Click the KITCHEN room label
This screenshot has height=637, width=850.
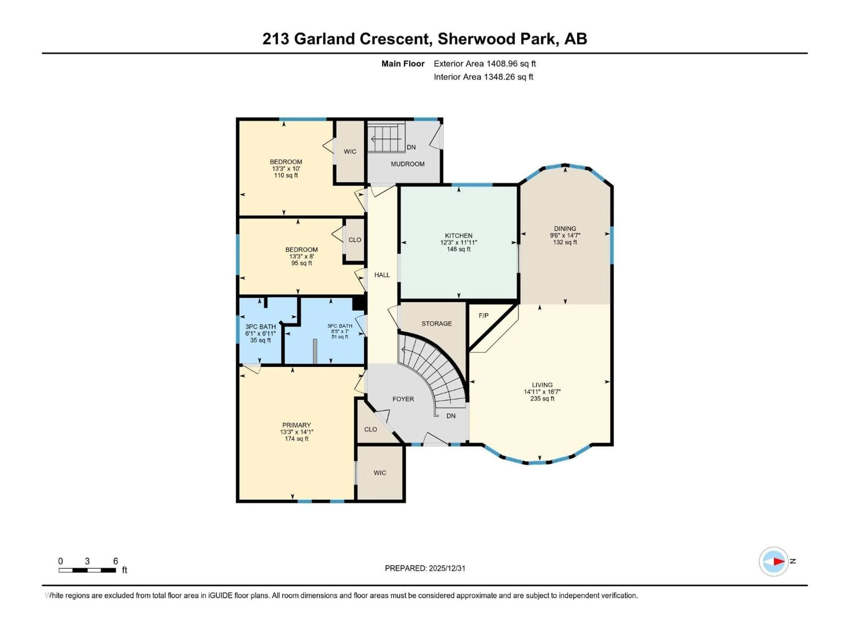tap(458, 235)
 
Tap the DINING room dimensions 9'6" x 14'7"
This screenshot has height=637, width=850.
tap(565, 235)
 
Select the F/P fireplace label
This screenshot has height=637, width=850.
tap(483, 316)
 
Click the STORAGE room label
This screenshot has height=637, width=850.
tap(437, 323)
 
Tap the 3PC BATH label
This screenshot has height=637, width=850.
tap(261, 326)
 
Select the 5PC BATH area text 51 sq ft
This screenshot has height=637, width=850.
tap(340, 337)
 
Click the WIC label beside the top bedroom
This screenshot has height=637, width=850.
tap(350, 151)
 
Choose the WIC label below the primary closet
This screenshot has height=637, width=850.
tap(380, 473)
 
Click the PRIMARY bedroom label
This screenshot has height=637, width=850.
tap(296, 425)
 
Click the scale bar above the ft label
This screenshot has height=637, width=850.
tap(87, 570)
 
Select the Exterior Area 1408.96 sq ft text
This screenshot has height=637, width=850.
tap(485, 64)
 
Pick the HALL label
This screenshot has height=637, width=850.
tap(382, 275)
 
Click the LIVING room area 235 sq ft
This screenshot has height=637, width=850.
tap(542, 399)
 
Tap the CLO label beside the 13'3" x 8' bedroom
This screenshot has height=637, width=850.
tap(355, 240)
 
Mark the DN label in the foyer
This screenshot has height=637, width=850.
tap(451, 416)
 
